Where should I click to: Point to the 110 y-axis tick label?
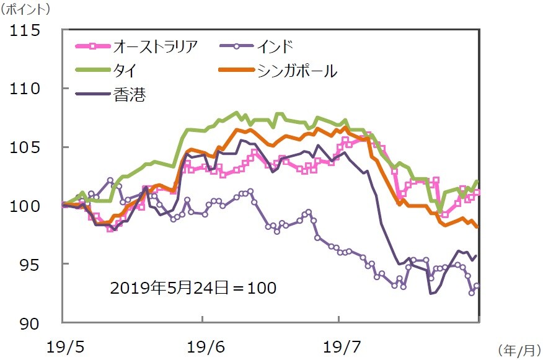pyautogui.click(x=27, y=89)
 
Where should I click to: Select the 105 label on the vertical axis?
pyautogui.click(x=27, y=147)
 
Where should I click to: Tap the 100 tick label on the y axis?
pyautogui.click(x=27, y=205)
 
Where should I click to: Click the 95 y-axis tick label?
pyautogui.click(x=32, y=264)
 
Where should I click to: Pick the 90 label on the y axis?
pyautogui.click(x=32, y=323)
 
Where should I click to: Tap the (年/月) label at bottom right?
pyautogui.click(x=519, y=351)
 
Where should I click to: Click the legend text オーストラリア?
pyautogui.click(x=156, y=46)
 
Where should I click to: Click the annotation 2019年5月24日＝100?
pyautogui.click(x=193, y=288)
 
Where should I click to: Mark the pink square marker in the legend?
pyautogui.click(x=91, y=46)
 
